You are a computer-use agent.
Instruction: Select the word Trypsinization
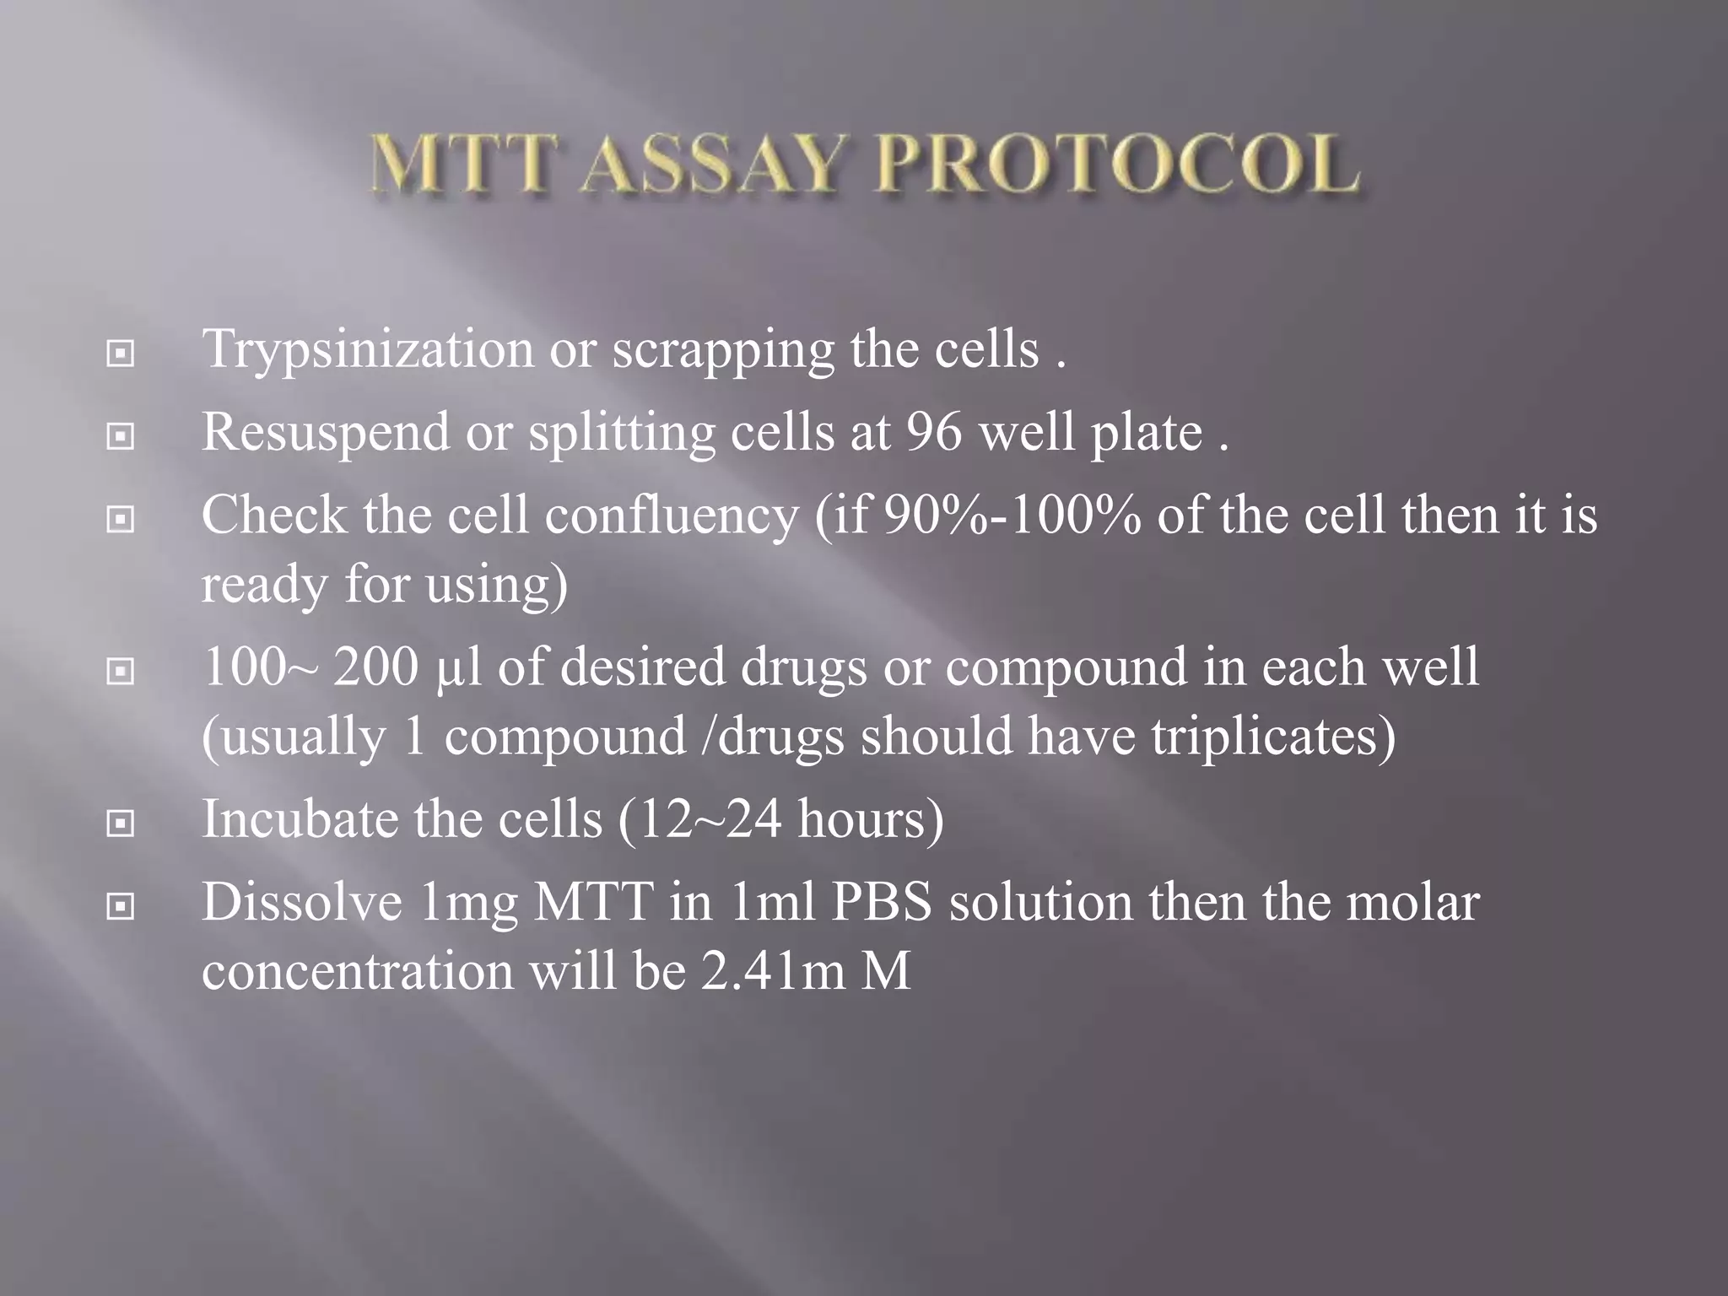368,350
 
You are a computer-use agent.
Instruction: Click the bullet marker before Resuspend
121,436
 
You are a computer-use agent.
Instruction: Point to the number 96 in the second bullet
934,432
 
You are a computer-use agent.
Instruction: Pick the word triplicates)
1273,736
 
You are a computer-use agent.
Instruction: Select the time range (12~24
700,819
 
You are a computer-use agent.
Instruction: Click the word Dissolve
302,902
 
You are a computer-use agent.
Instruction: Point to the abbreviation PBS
882,902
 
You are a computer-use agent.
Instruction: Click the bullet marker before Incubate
121,823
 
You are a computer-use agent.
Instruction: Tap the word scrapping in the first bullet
723,350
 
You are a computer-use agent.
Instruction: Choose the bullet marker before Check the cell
121,520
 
